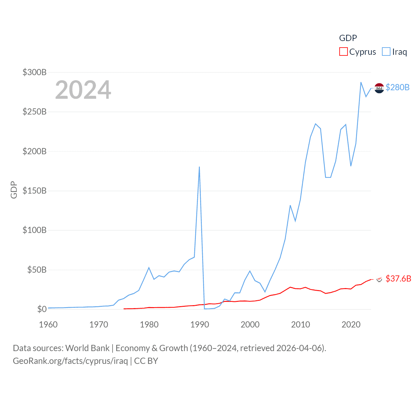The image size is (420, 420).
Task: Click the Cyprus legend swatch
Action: click(343, 52)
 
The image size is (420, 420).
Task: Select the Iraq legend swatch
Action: click(386, 52)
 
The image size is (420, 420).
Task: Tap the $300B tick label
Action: click(34, 72)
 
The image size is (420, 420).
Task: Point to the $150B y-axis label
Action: click(34, 191)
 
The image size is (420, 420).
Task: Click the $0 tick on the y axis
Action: click(42, 309)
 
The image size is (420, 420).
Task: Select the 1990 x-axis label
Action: click(199, 325)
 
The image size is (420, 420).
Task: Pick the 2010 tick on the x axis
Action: click(301, 325)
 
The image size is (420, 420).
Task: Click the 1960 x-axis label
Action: click(48, 325)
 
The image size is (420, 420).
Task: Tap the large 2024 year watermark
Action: click(83, 90)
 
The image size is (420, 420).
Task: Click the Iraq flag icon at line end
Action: click(379, 88)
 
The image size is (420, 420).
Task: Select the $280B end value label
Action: click(397, 87)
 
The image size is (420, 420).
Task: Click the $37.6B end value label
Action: click(398, 279)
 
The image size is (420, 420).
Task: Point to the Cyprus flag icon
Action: click(379, 279)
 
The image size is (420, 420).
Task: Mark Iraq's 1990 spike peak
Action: click(199, 167)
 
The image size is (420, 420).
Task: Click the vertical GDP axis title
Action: click(14, 190)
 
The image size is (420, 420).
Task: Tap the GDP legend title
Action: click(348, 38)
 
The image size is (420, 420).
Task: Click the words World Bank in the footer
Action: click(87, 348)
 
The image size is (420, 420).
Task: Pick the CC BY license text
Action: click(146, 361)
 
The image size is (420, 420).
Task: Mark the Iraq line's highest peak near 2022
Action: click(361, 82)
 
